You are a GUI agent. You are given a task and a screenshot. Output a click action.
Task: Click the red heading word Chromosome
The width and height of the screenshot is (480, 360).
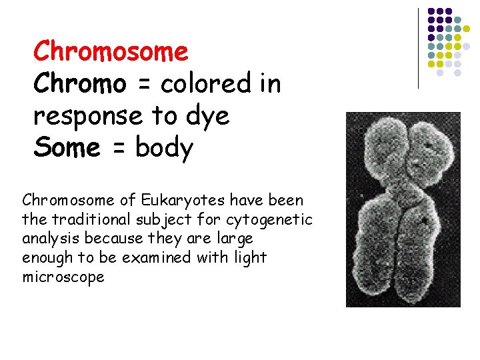click(x=111, y=51)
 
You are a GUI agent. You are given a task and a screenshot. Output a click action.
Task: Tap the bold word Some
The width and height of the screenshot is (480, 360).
click(x=67, y=147)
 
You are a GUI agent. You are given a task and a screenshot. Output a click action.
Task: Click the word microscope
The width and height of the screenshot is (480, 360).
click(x=63, y=277)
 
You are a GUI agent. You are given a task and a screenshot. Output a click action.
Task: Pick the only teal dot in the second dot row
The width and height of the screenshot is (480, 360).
click(x=458, y=20)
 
